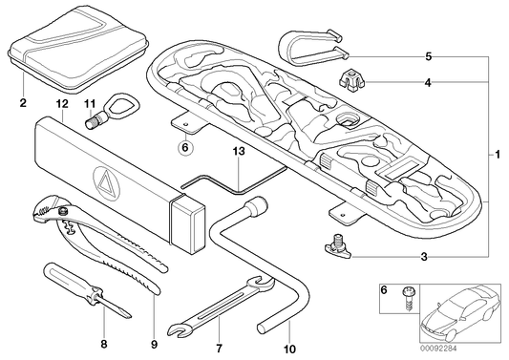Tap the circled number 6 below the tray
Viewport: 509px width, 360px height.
click(185, 147)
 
